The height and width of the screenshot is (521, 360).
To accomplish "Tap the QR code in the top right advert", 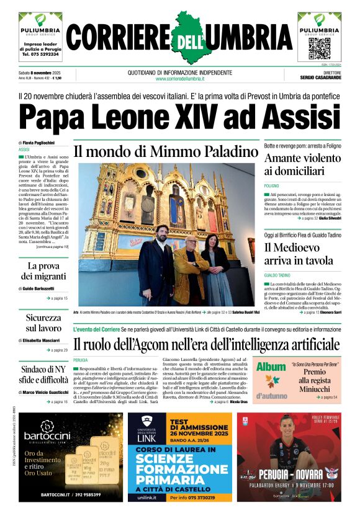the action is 319,48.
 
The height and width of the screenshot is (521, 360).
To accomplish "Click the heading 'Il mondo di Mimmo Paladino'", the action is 166,151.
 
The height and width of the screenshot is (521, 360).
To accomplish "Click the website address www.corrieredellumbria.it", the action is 180,79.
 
